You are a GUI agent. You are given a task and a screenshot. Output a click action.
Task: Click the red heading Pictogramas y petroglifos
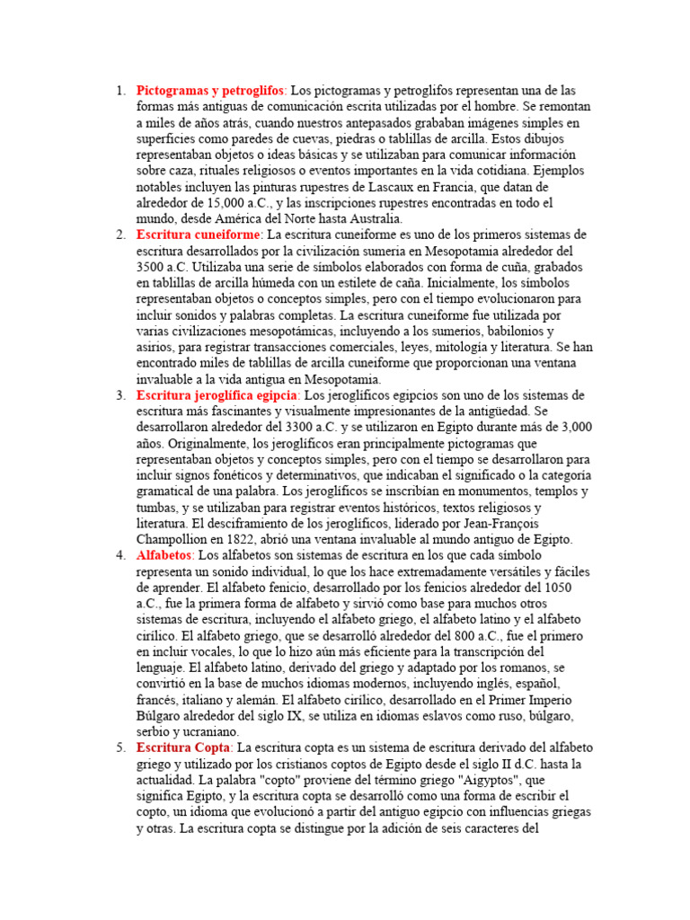[x=210, y=91]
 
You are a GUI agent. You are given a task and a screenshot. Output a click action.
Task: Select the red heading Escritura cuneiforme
[x=198, y=234]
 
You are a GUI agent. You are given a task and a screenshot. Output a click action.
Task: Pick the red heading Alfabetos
[x=164, y=555]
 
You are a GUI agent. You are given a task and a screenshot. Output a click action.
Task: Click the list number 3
[x=120, y=395]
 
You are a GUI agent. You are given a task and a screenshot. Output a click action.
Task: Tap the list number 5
[x=120, y=747]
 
